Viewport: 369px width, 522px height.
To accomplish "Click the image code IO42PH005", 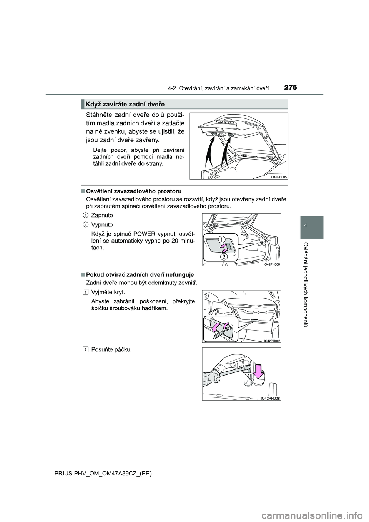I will pos(278,177).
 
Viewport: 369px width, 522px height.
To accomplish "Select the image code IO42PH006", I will pos(272,264).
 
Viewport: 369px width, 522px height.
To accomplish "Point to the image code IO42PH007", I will pos(272,341).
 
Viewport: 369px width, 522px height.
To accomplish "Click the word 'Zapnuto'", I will pos(102,215).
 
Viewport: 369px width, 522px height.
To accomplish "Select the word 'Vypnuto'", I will pos(102,224).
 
